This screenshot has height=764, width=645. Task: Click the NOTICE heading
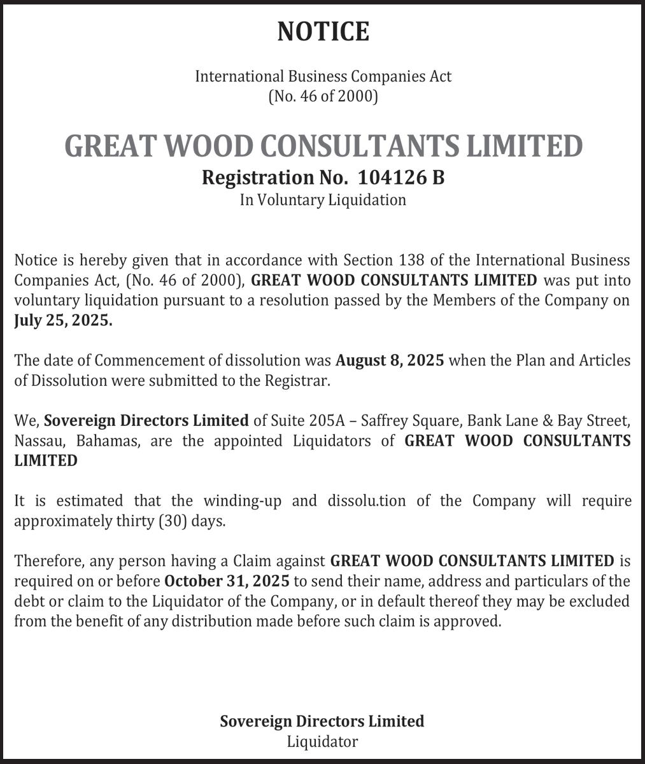click(323, 31)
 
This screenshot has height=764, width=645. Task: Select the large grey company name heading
click(323, 146)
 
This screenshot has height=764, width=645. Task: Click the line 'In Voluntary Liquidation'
click(323, 200)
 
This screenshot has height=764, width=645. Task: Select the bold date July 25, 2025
click(63, 321)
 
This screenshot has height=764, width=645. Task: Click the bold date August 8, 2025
click(390, 360)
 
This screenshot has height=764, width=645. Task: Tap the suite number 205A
click(328, 421)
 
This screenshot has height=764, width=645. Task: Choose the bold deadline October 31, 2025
click(227, 581)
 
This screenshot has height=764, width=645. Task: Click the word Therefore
click(49, 561)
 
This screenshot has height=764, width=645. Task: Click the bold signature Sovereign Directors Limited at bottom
click(322, 721)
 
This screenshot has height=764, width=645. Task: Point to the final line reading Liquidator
click(322, 742)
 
